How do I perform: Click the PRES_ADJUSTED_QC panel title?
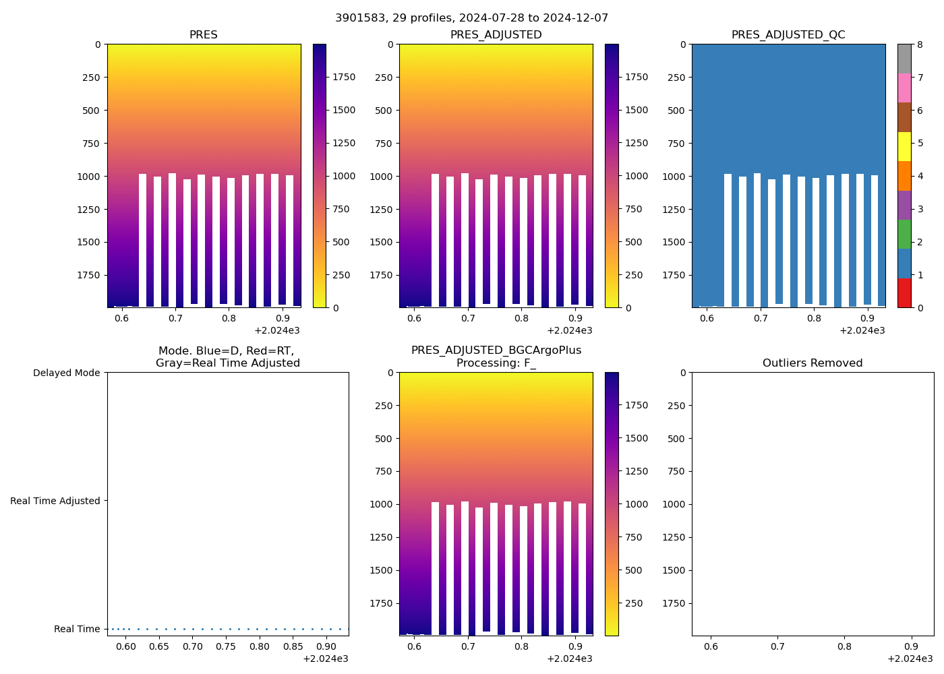[788, 35]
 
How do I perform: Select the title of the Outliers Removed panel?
[813, 363]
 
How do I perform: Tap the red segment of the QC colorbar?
[904, 293]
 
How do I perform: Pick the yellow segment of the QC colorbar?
[904, 147]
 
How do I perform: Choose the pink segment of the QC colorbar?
[904, 88]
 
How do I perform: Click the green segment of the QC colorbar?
[904, 235]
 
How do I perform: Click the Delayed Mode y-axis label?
[66, 373]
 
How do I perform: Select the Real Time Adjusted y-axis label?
[55, 501]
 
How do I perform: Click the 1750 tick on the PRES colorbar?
[344, 78]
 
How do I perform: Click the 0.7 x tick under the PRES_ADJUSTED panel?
[468, 319]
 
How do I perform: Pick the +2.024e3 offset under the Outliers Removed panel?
[910, 658]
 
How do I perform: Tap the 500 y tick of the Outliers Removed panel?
[677, 439]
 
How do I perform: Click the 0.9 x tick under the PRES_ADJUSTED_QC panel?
[867, 319]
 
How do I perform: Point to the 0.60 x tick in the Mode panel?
[126, 647]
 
